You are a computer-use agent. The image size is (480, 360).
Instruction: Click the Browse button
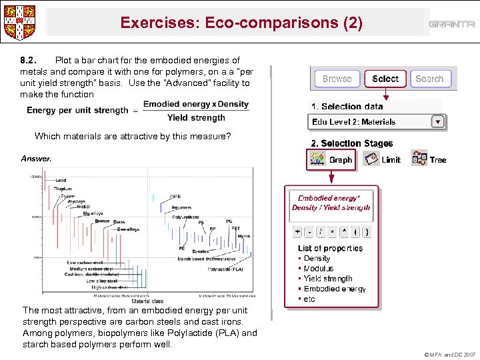tap(337, 79)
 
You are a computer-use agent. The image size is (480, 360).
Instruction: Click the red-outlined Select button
tap(385, 79)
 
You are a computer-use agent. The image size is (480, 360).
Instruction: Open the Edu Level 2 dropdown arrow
tap(437, 122)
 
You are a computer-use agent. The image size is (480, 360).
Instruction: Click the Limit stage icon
tap(371, 159)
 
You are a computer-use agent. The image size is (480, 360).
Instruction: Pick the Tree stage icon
tap(419, 159)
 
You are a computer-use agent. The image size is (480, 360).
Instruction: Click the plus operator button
tap(297, 231)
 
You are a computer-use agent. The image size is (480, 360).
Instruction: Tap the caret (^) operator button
tap(344, 231)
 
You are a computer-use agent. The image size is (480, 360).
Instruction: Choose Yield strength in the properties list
tap(328, 279)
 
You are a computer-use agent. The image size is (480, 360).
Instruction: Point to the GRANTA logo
tap(451, 24)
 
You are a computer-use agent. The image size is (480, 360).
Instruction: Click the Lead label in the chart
tap(61, 181)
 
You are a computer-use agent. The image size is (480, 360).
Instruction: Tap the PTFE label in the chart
tap(175, 197)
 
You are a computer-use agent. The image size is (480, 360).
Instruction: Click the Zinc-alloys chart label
tap(128, 229)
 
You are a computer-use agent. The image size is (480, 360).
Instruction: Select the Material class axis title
tap(147, 301)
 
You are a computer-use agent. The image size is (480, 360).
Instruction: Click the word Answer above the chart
tap(35, 159)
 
